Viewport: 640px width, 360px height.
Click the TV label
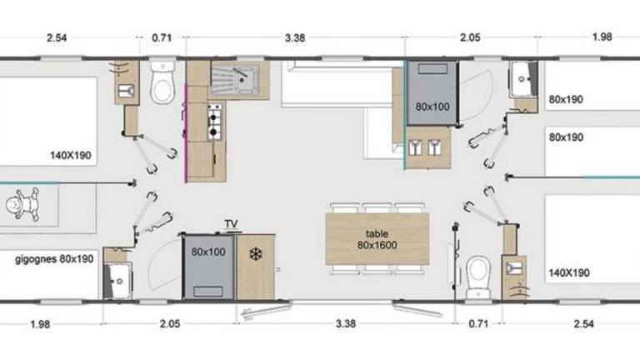point(231,223)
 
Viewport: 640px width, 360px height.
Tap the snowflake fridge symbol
point(256,255)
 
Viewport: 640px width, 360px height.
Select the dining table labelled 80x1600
point(377,239)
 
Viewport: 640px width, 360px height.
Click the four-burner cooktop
point(214,122)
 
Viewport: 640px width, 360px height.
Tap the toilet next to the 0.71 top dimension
point(162,82)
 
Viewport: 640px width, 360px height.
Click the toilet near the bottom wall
point(478,277)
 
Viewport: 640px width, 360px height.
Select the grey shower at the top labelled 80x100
point(432,93)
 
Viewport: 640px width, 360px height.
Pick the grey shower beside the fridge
point(208,267)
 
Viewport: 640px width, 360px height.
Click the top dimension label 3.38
point(295,38)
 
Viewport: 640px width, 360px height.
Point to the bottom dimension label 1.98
point(40,324)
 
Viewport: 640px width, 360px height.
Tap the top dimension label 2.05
point(470,37)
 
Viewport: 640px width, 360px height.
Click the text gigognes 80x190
point(54,259)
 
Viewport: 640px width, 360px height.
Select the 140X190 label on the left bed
point(71,156)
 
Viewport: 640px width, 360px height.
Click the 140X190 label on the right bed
point(569,272)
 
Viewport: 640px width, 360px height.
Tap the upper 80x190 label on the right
point(566,99)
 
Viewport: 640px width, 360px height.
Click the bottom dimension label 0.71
point(478,324)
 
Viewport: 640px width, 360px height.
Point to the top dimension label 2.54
point(57,38)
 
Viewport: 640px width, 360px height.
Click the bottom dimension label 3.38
point(346,323)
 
